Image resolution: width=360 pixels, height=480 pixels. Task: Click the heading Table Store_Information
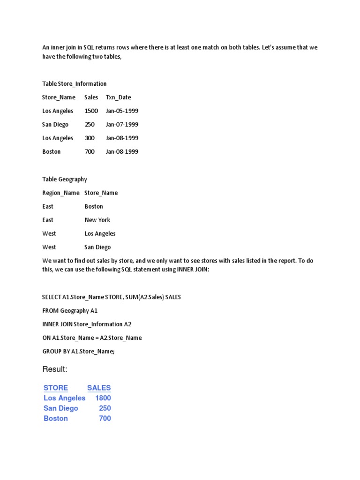(x=74, y=83)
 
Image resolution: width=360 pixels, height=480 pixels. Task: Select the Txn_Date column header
(x=118, y=97)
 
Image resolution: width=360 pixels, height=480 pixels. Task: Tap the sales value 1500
(x=91, y=111)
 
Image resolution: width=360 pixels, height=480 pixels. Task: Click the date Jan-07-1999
(x=122, y=124)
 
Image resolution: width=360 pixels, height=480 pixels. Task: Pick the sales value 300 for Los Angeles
(x=90, y=138)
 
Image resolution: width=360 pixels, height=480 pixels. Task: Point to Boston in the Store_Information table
(x=51, y=151)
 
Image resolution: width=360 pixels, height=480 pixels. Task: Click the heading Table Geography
(x=64, y=179)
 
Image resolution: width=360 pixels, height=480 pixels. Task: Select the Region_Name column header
(x=61, y=193)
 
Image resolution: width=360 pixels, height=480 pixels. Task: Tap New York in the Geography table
(x=97, y=220)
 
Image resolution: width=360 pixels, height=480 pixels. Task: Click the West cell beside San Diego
(x=49, y=247)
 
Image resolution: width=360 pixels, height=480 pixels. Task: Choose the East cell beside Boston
(x=48, y=206)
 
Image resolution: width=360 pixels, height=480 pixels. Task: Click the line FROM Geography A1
(x=70, y=310)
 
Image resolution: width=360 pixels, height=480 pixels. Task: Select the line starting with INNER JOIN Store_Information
(x=87, y=324)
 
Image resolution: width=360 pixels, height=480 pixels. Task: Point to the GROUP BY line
(x=78, y=351)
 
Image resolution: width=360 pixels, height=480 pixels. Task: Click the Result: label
(x=55, y=369)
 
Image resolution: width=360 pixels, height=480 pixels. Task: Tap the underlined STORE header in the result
(x=56, y=388)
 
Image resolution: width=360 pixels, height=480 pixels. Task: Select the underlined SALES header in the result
(x=99, y=388)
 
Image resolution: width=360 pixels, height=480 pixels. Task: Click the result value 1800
(x=103, y=398)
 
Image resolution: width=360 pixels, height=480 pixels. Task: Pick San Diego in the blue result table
(x=61, y=408)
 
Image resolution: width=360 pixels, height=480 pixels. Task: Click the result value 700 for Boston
(x=105, y=418)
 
